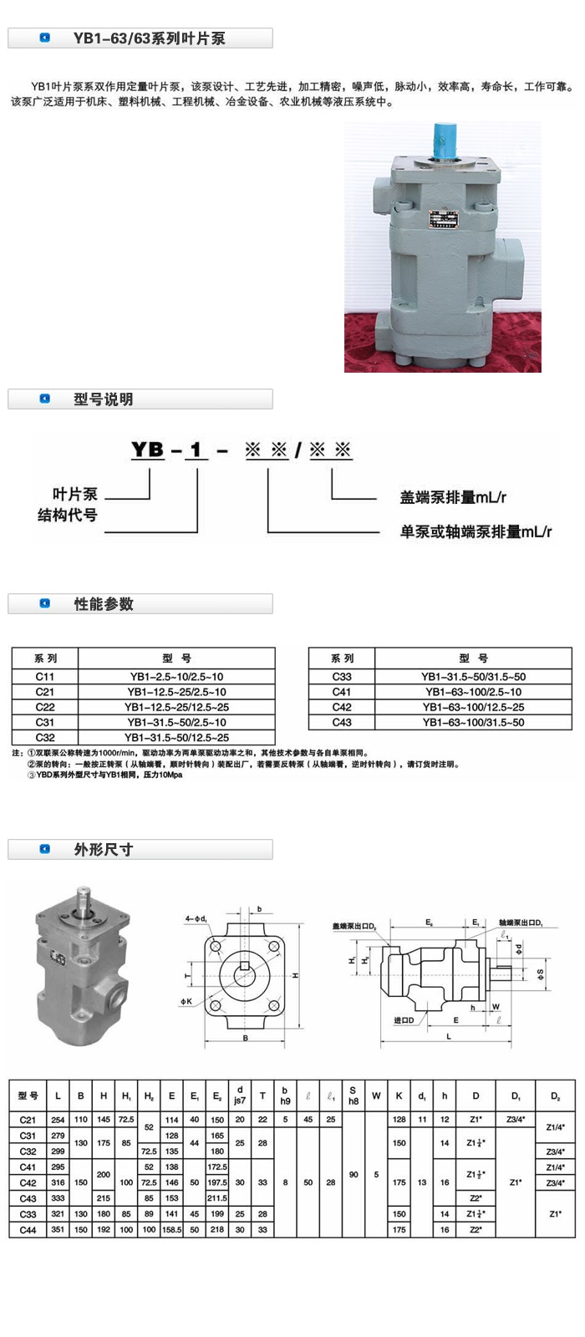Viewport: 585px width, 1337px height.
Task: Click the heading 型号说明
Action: click(103, 399)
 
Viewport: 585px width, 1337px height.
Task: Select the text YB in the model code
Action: click(148, 450)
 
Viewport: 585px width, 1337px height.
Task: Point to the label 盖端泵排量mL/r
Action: click(453, 498)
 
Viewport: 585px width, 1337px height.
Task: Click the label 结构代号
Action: click(68, 516)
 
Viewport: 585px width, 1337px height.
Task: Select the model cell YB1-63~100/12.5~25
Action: click(473, 707)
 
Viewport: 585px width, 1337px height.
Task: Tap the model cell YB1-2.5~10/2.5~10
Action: click(176, 676)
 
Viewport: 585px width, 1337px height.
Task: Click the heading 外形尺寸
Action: click(103, 850)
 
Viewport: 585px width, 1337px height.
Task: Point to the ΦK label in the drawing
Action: click(186, 1001)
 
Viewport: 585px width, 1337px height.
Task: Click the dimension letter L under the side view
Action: click(449, 1036)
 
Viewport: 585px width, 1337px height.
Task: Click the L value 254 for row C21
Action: click(58, 1120)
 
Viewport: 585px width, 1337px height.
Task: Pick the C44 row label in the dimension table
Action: click(28, 1230)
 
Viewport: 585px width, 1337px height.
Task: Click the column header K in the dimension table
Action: click(399, 1096)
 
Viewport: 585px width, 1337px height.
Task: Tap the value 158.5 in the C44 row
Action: click(172, 1230)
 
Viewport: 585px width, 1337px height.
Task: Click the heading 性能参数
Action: click(103, 604)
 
